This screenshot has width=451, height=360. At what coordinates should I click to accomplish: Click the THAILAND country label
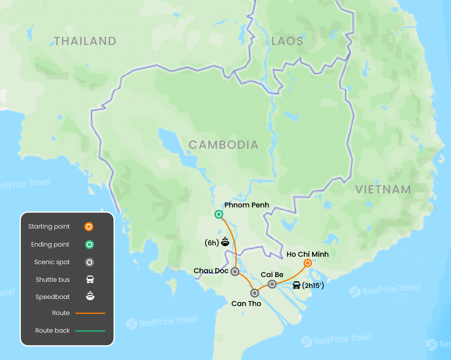pyautogui.click(x=85, y=41)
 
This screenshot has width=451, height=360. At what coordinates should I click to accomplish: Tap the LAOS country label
pyautogui.click(x=287, y=41)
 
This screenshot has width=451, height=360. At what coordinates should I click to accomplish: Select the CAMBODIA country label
pyautogui.click(x=224, y=145)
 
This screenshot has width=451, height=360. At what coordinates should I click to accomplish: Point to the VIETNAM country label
pyautogui.click(x=383, y=189)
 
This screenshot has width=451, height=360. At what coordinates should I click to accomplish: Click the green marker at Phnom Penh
pyautogui.click(x=219, y=214)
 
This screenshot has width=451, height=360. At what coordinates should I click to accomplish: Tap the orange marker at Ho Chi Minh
pyautogui.click(x=308, y=263)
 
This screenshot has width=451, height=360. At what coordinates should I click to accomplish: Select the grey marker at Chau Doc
pyautogui.click(x=235, y=271)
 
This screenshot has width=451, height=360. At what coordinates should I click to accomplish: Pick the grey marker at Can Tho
pyautogui.click(x=255, y=293)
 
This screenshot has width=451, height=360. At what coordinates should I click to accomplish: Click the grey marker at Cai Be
pyautogui.click(x=272, y=284)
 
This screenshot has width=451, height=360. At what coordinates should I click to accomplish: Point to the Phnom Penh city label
pyautogui.click(x=247, y=205)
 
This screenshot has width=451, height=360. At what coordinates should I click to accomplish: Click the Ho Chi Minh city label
pyautogui.click(x=307, y=254)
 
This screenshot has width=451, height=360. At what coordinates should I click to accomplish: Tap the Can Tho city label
pyautogui.click(x=246, y=303)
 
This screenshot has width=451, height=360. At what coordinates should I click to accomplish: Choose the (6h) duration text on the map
pyautogui.click(x=211, y=243)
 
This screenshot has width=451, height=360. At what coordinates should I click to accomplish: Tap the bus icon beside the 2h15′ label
pyautogui.click(x=297, y=285)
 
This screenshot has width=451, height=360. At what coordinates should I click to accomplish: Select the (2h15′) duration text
pyautogui.click(x=313, y=286)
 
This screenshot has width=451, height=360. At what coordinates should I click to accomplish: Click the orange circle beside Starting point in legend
pyautogui.click(x=89, y=227)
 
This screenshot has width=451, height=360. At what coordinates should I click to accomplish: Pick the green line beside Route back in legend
pyautogui.click(x=90, y=331)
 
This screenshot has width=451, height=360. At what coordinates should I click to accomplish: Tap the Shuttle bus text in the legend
pyautogui.click(x=52, y=279)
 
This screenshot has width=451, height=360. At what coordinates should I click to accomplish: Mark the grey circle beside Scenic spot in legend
pyautogui.click(x=89, y=262)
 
